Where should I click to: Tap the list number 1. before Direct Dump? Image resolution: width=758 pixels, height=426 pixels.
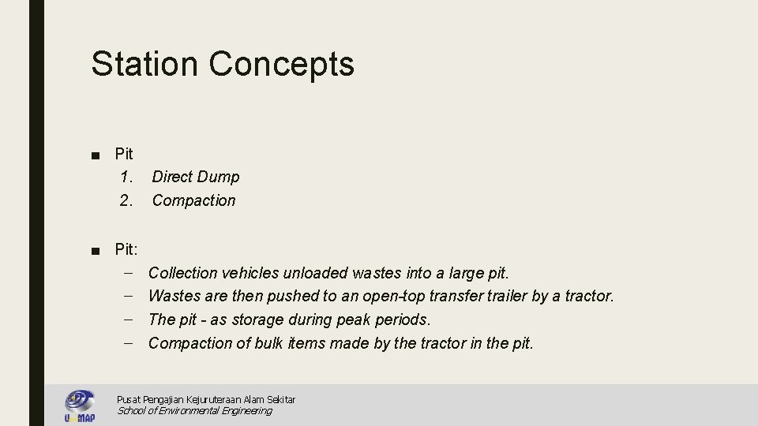tap(126, 177)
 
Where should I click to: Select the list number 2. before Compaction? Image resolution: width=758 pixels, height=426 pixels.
tap(126, 200)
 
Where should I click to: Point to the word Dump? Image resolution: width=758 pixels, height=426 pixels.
tap(218, 177)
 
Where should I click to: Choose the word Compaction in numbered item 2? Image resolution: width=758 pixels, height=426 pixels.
tap(193, 200)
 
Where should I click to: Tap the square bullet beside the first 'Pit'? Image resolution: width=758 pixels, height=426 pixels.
tap(95, 154)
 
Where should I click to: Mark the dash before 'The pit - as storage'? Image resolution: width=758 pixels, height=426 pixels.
tap(129, 319)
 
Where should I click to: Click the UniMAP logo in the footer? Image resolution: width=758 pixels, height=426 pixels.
tap(80, 405)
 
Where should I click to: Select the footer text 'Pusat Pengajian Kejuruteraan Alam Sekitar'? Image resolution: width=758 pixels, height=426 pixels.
tap(205, 400)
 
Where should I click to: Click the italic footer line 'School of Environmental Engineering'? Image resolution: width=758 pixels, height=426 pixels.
tap(194, 410)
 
